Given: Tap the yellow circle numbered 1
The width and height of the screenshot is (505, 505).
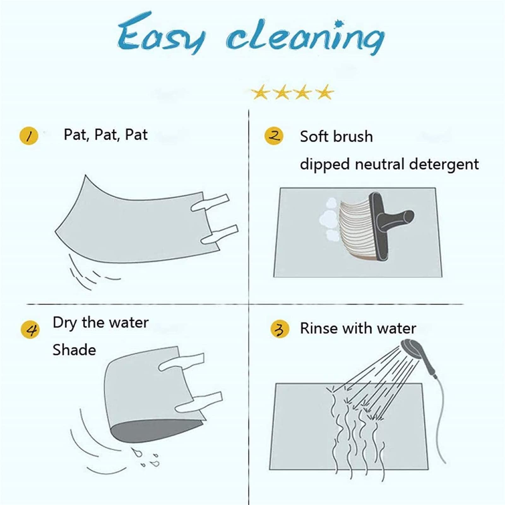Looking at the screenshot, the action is [x=29, y=136].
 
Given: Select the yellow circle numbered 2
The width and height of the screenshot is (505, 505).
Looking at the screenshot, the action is [x=274, y=136].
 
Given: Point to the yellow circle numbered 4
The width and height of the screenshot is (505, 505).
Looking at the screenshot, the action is [x=30, y=330].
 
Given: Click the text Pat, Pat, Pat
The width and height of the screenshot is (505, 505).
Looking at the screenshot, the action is [x=106, y=134].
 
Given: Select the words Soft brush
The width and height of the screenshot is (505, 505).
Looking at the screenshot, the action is [x=336, y=136].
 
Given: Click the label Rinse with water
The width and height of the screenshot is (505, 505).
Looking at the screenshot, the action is [x=358, y=328].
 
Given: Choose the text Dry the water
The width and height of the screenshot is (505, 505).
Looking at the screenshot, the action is [x=101, y=323].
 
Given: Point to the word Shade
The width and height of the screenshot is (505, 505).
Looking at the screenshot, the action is [x=74, y=350].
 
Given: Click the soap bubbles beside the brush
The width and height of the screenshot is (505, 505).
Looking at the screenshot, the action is [x=329, y=219].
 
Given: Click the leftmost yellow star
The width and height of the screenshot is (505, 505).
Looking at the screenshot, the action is [x=260, y=92].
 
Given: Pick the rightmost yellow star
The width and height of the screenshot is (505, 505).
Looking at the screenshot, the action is [x=324, y=92].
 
